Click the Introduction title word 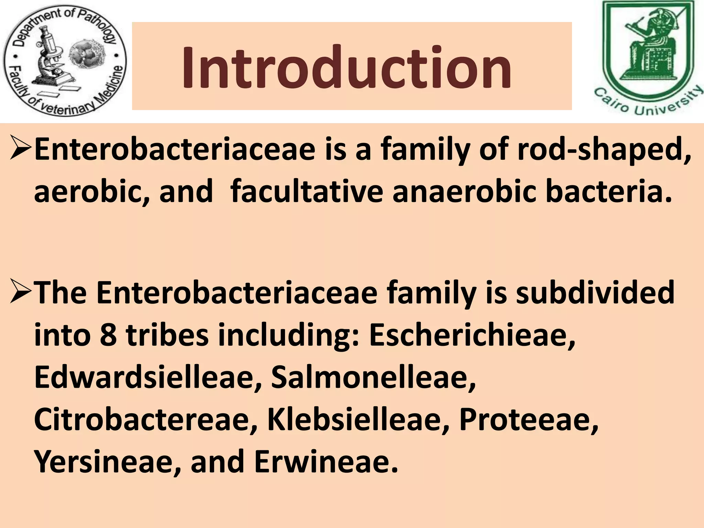(346, 68)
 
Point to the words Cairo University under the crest (648, 103)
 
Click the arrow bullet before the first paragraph (21, 148)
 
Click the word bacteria (608, 191)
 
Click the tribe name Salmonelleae (373, 377)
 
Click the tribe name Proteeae (528, 420)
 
